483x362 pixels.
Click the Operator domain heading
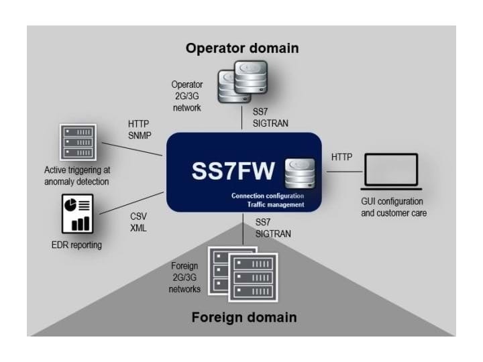[242, 48]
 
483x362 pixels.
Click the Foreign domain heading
[244, 317]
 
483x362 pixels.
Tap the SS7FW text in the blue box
[233, 172]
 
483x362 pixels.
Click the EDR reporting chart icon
[77, 213]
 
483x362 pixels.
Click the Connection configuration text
[268, 195]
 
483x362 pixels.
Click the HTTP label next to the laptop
[342, 157]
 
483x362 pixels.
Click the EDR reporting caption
[77, 245]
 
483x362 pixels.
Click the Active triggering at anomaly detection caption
[77, 176]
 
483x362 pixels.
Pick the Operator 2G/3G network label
[186, 96]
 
